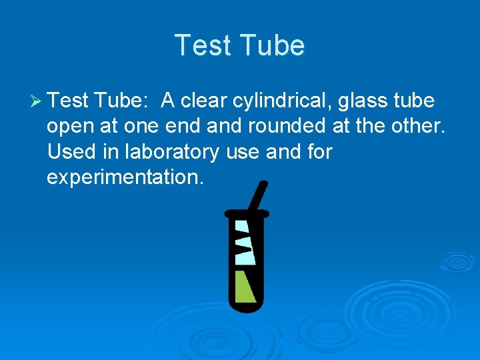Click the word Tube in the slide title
tap(274, 46)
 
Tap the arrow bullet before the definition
tap(37, 101)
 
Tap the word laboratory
tap(171, 152)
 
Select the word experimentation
tap(124, 177)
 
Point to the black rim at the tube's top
tap(247, 213)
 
